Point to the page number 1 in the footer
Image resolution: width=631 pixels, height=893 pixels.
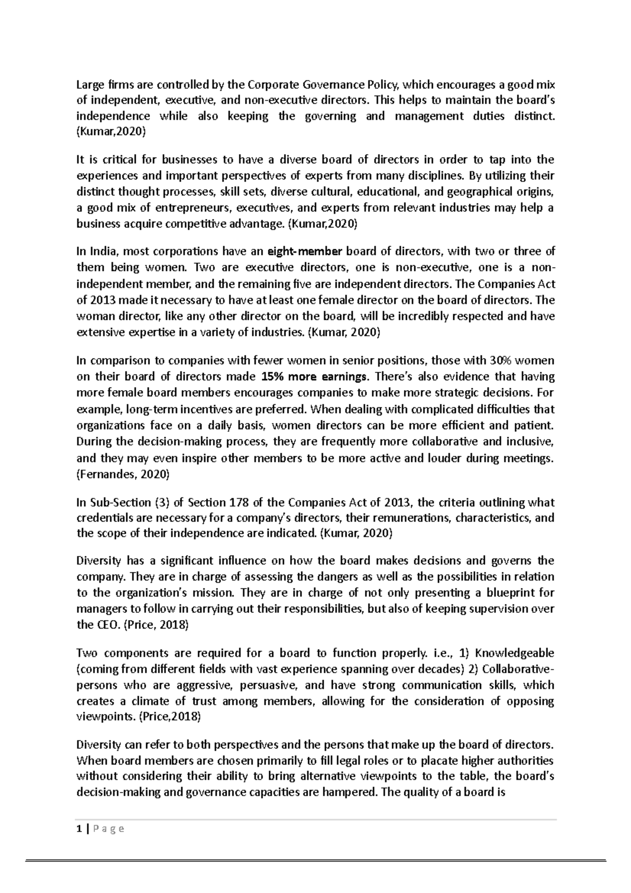(x=79, y=829)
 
